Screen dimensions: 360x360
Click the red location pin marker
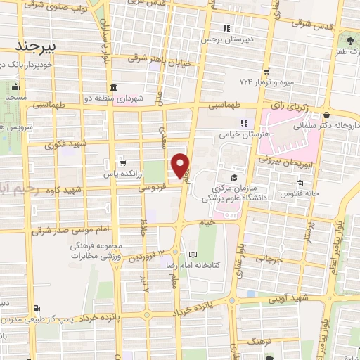point(181,165)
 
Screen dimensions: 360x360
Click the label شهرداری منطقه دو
point(117,98)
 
